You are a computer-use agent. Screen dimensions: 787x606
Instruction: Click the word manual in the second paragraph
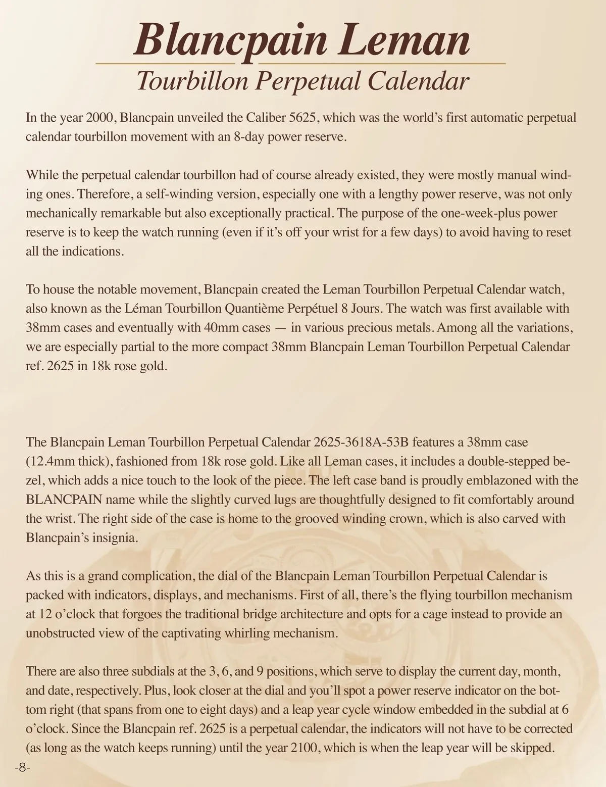[517, 175]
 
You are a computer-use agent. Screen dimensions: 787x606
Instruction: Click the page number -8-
[23, 767]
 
